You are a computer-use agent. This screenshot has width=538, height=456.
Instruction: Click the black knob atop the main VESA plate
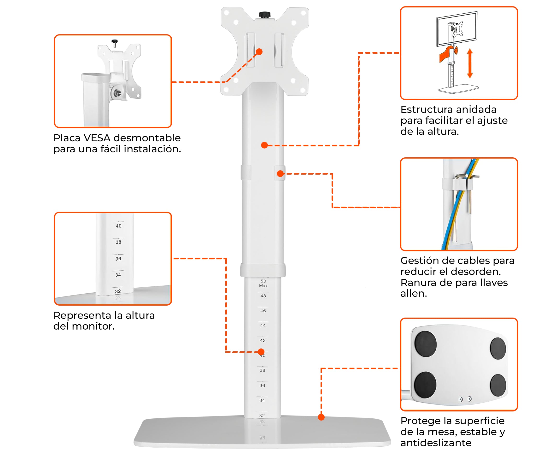tap(264, 14)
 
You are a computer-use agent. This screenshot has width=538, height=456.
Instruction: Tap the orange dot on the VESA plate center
tap(259, 52)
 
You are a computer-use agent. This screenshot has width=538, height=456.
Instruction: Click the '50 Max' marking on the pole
tap(263, 283)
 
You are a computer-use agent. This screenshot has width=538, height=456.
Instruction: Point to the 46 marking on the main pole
tap(263, 311)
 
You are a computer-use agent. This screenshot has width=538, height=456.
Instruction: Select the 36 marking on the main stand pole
tap(262, 385)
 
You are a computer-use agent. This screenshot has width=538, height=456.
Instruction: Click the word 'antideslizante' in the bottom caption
tap(436, 443)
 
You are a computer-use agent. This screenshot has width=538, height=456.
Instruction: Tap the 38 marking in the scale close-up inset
tap(118, 242)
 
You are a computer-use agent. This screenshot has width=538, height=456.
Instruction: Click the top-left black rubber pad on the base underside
tap(425, 344)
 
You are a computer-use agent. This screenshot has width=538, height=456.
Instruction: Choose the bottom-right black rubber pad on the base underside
tap(498, 385)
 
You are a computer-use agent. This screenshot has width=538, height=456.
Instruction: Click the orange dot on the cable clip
tap(280, 173)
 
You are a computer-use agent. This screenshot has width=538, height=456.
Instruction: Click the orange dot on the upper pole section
tap(264, 145)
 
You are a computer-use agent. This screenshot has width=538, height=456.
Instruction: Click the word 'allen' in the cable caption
tap(413, 293)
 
